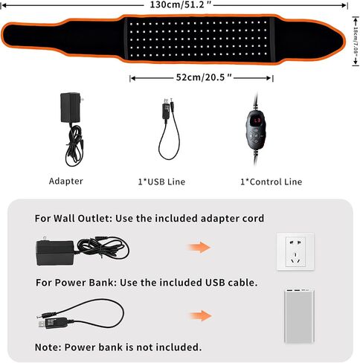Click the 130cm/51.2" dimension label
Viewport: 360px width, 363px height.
pyautogui.click(x=181, y=4)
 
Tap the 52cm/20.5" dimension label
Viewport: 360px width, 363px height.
pyautogui.click(x=204, y=77)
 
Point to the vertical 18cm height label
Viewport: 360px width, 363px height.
pyautogui.click(x=356, y=41)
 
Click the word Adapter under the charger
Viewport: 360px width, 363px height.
pyautogui.click(x=66, y=181)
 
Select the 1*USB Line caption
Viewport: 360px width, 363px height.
pyautogui.click(x=161, y=181)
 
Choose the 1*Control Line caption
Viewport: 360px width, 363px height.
pyautogui.click(x=271, y=181)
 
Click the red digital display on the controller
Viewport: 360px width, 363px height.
pyautogui.click(x=255, y=121)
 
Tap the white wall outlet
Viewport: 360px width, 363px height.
pyautogui.click(x=295, y=251)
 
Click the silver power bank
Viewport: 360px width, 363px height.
pyautogui.click(x=299, y=316)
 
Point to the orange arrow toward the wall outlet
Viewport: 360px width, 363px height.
pyautogui.click(x=199, y=247)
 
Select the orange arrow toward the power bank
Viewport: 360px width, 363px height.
pyautogui.click(x=201, y=315)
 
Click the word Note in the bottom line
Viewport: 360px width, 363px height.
pyautogui.click(x=48, y=347)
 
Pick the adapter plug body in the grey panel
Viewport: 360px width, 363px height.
pyautogui.click(x=55, y=252)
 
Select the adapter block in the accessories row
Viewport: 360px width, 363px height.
pyautogui.click(x=71, y=107)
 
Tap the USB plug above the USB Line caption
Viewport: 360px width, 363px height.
pyautogui.click(x=167, y=109)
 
